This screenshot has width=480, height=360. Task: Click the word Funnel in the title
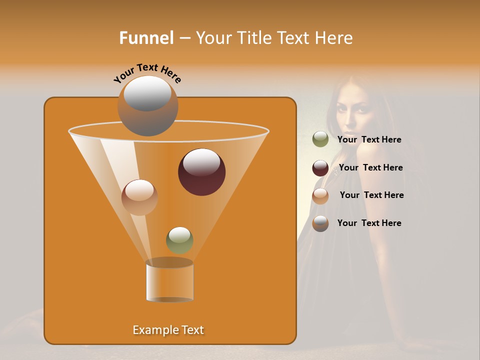click(146, 37)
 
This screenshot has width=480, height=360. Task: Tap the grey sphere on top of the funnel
click(147, 106)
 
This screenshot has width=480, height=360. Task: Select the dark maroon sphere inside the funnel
click(201, 172)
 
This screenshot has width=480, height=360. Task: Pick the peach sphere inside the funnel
click(139, 197)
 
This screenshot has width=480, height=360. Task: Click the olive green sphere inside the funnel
click(179, 240)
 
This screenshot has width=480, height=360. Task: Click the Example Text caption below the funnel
click(168, 330)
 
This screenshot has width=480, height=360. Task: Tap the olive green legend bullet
click(320, 139)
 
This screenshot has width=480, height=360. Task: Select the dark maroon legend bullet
click(320, 168)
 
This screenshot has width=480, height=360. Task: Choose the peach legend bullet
click(320, 196)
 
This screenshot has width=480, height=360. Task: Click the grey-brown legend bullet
click(320, 223)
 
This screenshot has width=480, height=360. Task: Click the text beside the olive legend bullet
click(369, 139)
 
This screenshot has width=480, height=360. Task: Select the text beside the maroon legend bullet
click(370, 167)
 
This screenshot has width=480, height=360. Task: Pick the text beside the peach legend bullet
click(371, 195)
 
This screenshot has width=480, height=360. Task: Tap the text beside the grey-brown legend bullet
click(369, 223)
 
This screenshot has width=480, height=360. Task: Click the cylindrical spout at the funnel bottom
click(169, 281)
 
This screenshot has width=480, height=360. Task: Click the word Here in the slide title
click(334, 37)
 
